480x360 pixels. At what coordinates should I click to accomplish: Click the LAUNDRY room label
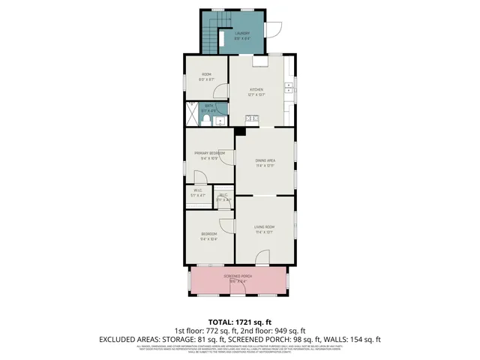[241, 34]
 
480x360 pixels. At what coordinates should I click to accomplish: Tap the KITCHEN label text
[256, 89]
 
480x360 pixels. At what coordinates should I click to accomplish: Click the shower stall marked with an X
[191, 113]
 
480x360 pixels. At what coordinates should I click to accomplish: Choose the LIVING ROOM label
[265, 227]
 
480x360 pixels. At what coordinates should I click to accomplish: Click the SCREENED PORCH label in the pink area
[238, 277]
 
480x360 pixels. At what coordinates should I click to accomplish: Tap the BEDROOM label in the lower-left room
[208, 235]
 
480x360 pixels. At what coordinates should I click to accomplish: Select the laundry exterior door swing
[274, 30]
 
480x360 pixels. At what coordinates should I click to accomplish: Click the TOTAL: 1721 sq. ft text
[239, 321]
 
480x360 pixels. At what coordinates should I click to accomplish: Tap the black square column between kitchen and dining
[239, 131]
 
